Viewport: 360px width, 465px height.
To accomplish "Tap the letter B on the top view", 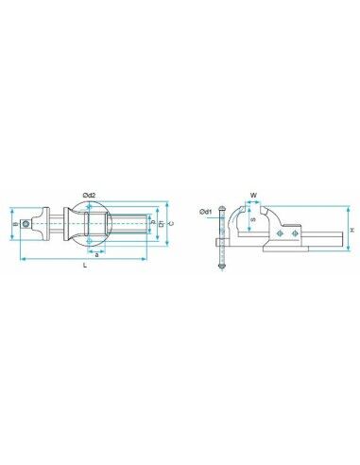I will click(14, 225).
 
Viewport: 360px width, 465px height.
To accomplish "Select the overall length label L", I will click(86, 267).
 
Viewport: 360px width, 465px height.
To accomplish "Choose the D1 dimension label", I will click(161, 225).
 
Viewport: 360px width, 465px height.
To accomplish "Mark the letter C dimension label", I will click(168, 225).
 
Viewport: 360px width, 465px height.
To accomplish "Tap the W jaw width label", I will click(253, 196).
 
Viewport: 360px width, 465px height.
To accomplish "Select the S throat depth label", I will click(251, 221).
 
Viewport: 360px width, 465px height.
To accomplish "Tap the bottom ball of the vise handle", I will click(220, 273).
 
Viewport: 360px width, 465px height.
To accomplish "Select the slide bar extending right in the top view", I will click(132, 225).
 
